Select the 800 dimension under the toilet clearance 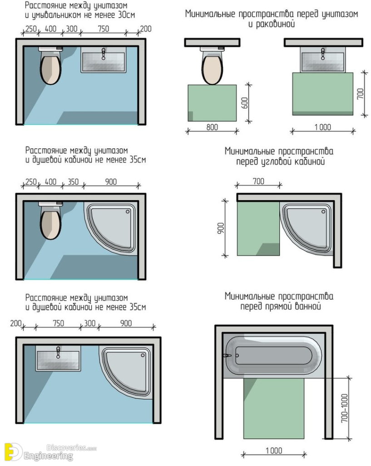point(212,127)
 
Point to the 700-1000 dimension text point(345,408)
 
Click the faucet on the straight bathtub point(228,355)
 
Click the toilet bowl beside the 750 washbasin point(50,67)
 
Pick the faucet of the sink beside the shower point(58,352)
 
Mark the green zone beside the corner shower point(258,229)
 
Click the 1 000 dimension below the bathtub point(273,451)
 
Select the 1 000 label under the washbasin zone point(322,127)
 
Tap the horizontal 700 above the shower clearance point(258,182)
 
